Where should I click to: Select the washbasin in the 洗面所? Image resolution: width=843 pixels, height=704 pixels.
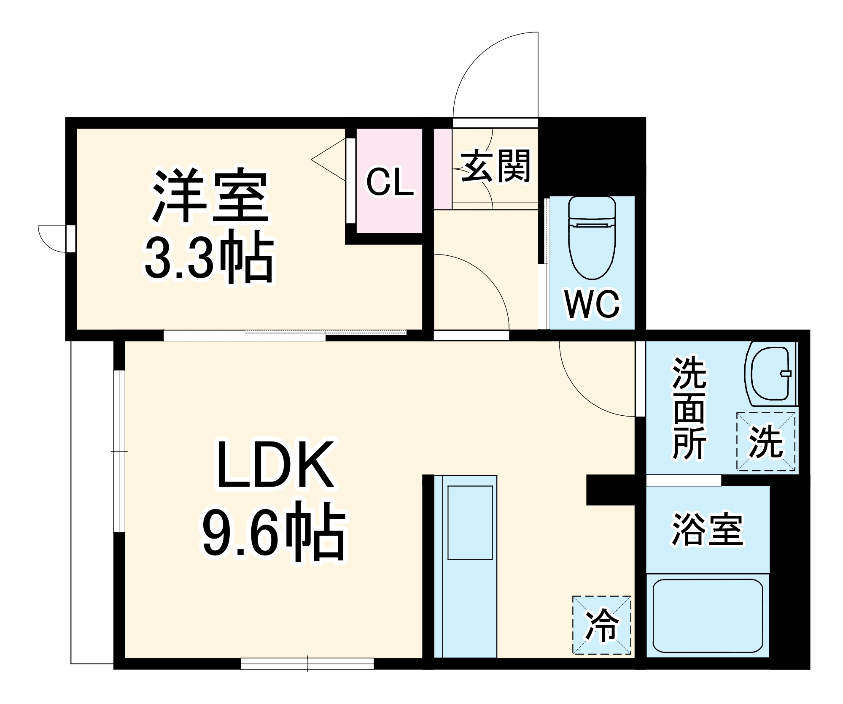click(770, 374)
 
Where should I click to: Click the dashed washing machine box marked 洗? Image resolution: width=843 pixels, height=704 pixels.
click(766, 441)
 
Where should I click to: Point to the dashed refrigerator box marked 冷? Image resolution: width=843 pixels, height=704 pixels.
click(601, 625)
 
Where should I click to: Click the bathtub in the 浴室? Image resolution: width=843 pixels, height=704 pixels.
click(707, 616)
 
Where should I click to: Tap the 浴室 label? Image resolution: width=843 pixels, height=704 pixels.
click(707, 530)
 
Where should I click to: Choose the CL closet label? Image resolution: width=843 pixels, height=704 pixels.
click(389, 182)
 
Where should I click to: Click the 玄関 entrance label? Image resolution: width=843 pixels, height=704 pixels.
click(495, 166)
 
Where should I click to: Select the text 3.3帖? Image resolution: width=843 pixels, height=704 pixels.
click(209, 258)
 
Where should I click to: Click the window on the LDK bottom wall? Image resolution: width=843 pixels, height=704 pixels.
click(307, 663)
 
